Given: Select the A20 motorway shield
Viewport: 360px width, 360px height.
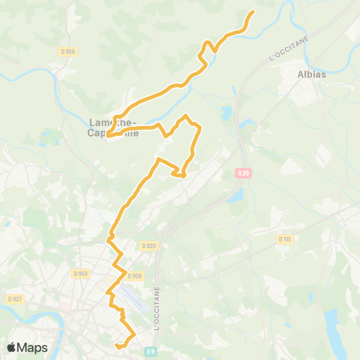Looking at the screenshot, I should pos(241,174).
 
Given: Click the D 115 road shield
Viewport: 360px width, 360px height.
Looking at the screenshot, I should pos(284,239).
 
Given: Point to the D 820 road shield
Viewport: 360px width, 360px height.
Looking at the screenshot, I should pos(148,246).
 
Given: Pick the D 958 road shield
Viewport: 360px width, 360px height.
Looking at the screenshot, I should pos(134,276).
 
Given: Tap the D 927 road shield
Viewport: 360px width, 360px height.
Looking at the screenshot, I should pos(14,298).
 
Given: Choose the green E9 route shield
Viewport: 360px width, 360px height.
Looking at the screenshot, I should pos(151,351).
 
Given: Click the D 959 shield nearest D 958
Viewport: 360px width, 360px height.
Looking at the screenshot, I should pos(81,274).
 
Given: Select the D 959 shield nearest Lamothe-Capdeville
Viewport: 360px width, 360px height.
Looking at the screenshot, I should pos(70,51).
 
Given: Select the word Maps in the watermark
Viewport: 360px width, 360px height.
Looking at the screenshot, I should pos(33,348).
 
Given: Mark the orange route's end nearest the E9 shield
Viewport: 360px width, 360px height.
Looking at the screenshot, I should pos(118,346).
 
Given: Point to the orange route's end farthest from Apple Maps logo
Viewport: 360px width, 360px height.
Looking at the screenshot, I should pos(252,12).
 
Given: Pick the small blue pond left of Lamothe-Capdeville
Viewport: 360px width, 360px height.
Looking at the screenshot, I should pos(51,138).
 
